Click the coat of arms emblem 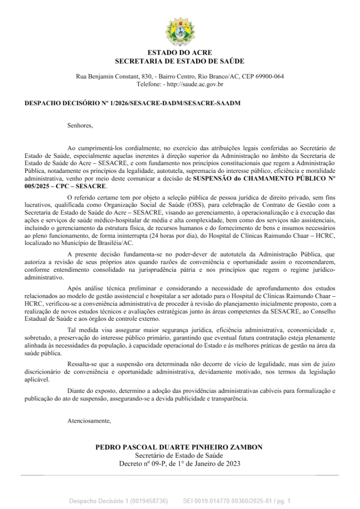(x=179, y=31)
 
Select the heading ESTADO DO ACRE (x=180, y=52)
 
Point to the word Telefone (x=148, y=84)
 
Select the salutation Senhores (x=80, y=126)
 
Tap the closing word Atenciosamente (x=89, y=421)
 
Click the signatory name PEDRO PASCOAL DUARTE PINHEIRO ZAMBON (x=179, y=447)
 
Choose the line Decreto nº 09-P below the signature (x=179, y=463)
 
